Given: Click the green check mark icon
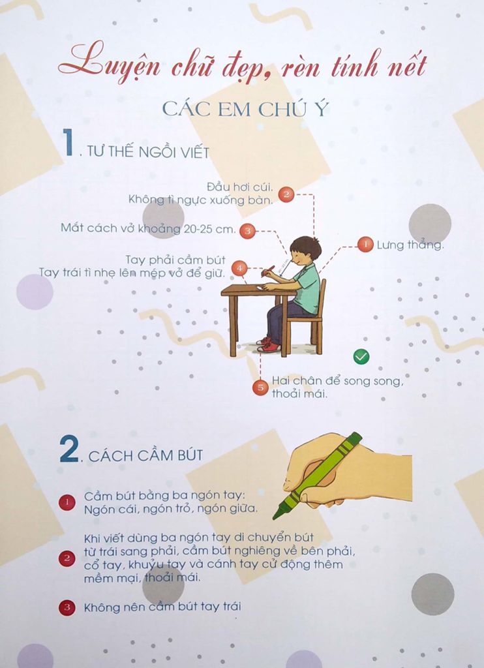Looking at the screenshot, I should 361,356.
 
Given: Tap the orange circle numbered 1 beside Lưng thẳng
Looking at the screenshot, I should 365,245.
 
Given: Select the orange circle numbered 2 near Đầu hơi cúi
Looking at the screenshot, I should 286,194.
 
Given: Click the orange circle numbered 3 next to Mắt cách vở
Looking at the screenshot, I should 247,230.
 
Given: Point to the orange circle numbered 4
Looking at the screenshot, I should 239,267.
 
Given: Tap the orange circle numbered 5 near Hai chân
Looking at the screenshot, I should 260,387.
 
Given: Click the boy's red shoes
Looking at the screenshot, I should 267,345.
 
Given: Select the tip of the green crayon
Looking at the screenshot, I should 276,517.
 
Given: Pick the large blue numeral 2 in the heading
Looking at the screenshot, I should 68,451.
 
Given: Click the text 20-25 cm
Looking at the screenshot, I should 211,228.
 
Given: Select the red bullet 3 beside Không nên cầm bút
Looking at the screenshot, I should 67,608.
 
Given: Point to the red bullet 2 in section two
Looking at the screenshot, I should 67,558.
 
